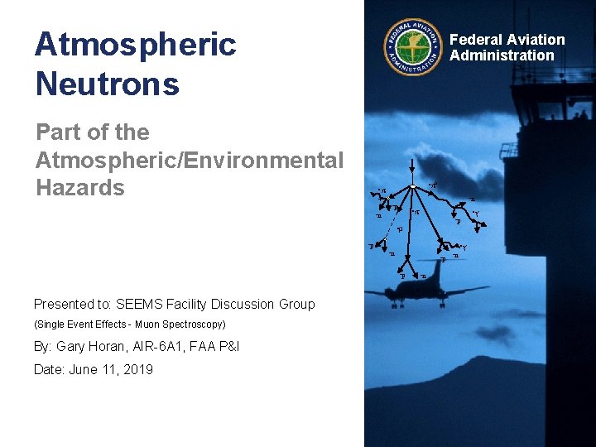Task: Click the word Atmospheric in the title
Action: (135, 45)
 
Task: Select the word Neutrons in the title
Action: (107, 84)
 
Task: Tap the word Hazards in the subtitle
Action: (80, 188)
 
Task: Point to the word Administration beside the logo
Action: (502, 55)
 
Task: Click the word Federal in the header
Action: (476, 40)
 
